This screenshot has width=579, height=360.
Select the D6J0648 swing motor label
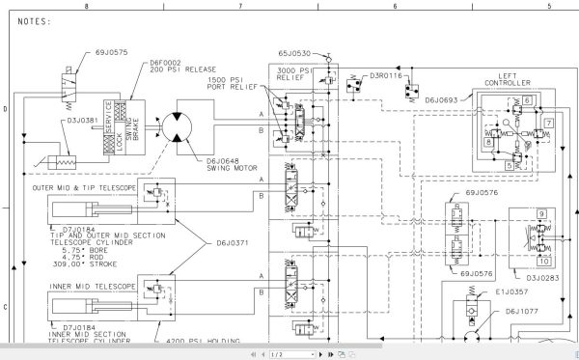228,162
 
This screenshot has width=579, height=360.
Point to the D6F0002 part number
167,63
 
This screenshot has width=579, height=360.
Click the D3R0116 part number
385,74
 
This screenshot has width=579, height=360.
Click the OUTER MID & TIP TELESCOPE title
83,187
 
